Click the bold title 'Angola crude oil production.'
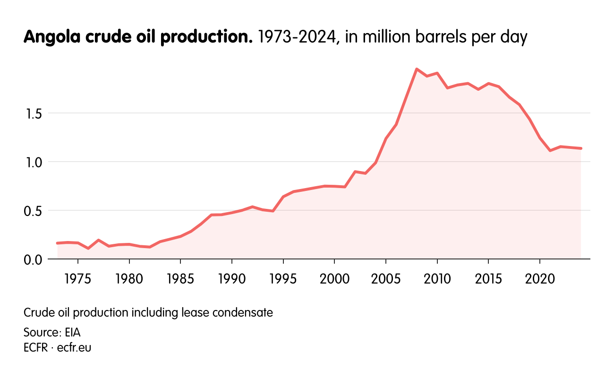(138, 37)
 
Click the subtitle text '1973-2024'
(298, 37)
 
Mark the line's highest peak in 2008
(417, 69)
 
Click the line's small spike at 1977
(98, 240)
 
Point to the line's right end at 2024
(581, 148)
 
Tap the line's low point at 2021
(550, 150)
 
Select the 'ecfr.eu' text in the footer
(74, 348)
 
